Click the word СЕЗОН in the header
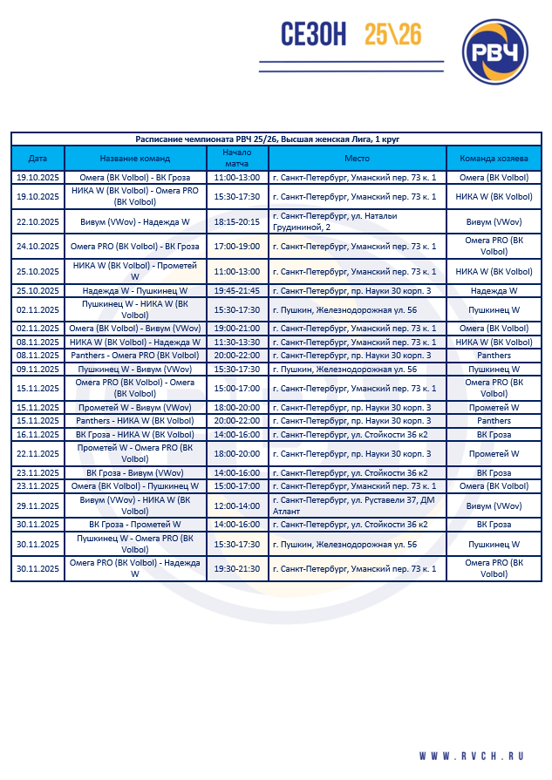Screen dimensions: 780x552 click(314, 35)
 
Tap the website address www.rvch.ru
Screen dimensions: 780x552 click(481, 756)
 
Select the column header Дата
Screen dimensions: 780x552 click(37, 159)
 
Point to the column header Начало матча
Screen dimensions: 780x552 click(236, 159)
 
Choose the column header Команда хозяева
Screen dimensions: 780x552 click(494, 159)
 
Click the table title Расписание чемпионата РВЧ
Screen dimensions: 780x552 click(268, 139)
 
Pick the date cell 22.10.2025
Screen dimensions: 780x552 click(37, 221)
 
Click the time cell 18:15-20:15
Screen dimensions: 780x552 click(236, 221)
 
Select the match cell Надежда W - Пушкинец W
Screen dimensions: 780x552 click(135, 290)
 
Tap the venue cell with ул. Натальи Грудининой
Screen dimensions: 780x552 click(357, 221)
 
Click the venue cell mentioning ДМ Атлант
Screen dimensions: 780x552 click(357, 505)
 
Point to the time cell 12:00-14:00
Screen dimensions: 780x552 click(236, 505)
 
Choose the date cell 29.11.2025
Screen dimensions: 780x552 click(37, 505)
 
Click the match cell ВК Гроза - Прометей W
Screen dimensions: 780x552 click(135, 525)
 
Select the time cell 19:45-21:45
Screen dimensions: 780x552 click(236, 290)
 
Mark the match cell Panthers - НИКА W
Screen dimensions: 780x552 click(135, 421)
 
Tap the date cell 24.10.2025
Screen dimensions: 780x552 click(37, 246)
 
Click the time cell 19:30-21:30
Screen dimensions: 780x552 click(236, 568)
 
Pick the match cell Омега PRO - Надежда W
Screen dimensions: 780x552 click(135, 568)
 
